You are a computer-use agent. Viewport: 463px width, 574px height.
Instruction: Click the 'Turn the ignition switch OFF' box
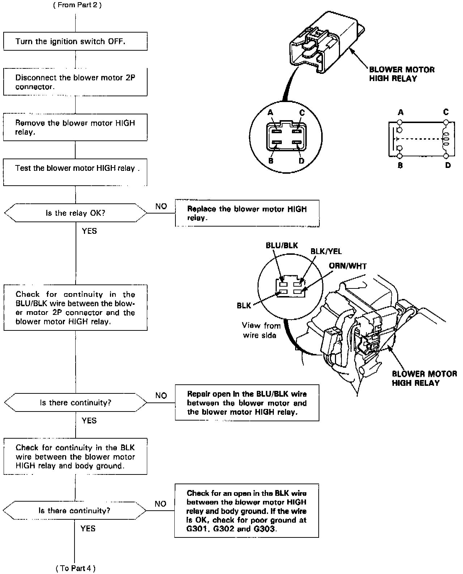pyautogui.click(x=75, y=41)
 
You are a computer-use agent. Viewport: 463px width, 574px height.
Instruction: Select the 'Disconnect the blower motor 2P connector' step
pyautogui.click(x=75, y=82)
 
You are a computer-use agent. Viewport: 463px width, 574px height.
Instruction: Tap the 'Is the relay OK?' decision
pyautogui.click(x=75, y=213)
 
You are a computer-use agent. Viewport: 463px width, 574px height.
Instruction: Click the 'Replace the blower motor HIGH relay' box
pyautogui.click(x=247, y=213)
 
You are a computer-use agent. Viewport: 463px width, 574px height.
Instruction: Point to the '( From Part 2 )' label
pyautogui.click(x=77, y=5)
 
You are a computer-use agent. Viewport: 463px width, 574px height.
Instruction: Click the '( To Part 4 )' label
pyautogui.click(x=76, y=568)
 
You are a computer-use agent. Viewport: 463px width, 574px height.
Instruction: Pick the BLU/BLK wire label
pyautogui.click(x=282, y=245)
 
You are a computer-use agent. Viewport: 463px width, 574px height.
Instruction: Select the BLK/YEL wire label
pyautogui.click(x=326, y=252)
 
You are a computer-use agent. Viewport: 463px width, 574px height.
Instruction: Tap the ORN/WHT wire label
pyautogui.click(x=348, y=266)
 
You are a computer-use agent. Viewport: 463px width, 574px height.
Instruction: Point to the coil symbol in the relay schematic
pyautogui.click(x=445, y=139)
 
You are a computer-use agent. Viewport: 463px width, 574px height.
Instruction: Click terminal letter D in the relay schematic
pyautogui.click(x=448, y=165)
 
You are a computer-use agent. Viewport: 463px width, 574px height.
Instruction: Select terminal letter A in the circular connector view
pyautogui.click(x=270, y=113)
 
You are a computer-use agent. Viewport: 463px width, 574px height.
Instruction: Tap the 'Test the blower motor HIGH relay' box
pyautogui.click(x=75, y=172)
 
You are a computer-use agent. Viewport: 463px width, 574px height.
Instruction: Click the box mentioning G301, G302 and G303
pyautogui.click(x=247, y=510)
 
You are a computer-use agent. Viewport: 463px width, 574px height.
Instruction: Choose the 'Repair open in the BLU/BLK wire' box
pyautogui.click(x=247, y=403)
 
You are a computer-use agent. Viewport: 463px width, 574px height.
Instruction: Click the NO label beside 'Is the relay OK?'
pyautogui.click(x=161, y=206)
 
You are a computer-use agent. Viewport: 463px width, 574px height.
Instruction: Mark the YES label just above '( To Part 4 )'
pyautogui.click(x=88, y=528)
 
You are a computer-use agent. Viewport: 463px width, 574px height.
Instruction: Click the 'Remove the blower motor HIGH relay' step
pyautogui.click(x=75, y=127)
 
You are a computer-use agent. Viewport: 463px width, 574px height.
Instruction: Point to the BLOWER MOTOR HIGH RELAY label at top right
pyautogui.click(x=402, y=74)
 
